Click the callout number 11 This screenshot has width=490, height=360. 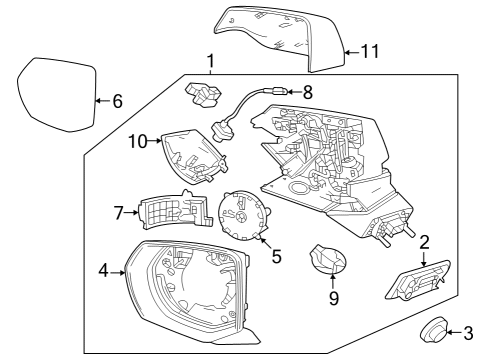(x=370, y=51)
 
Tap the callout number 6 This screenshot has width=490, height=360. (x=117, y=100)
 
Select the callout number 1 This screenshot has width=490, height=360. (x=210, y=63)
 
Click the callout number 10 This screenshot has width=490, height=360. (x=137, y=142)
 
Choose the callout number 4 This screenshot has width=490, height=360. (x=103, y=270)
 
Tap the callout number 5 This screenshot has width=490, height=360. (x=276, y=256)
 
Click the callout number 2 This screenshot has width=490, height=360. (x=424, y=241)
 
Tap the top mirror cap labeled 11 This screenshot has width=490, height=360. (x=280, y=35)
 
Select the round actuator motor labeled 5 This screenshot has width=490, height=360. (x=243, y=214)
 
